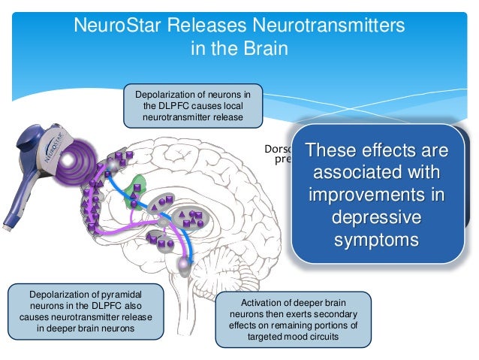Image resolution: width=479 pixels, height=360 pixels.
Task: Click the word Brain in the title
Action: (267, 48)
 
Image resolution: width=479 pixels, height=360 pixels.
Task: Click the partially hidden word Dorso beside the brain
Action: (279, 148)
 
